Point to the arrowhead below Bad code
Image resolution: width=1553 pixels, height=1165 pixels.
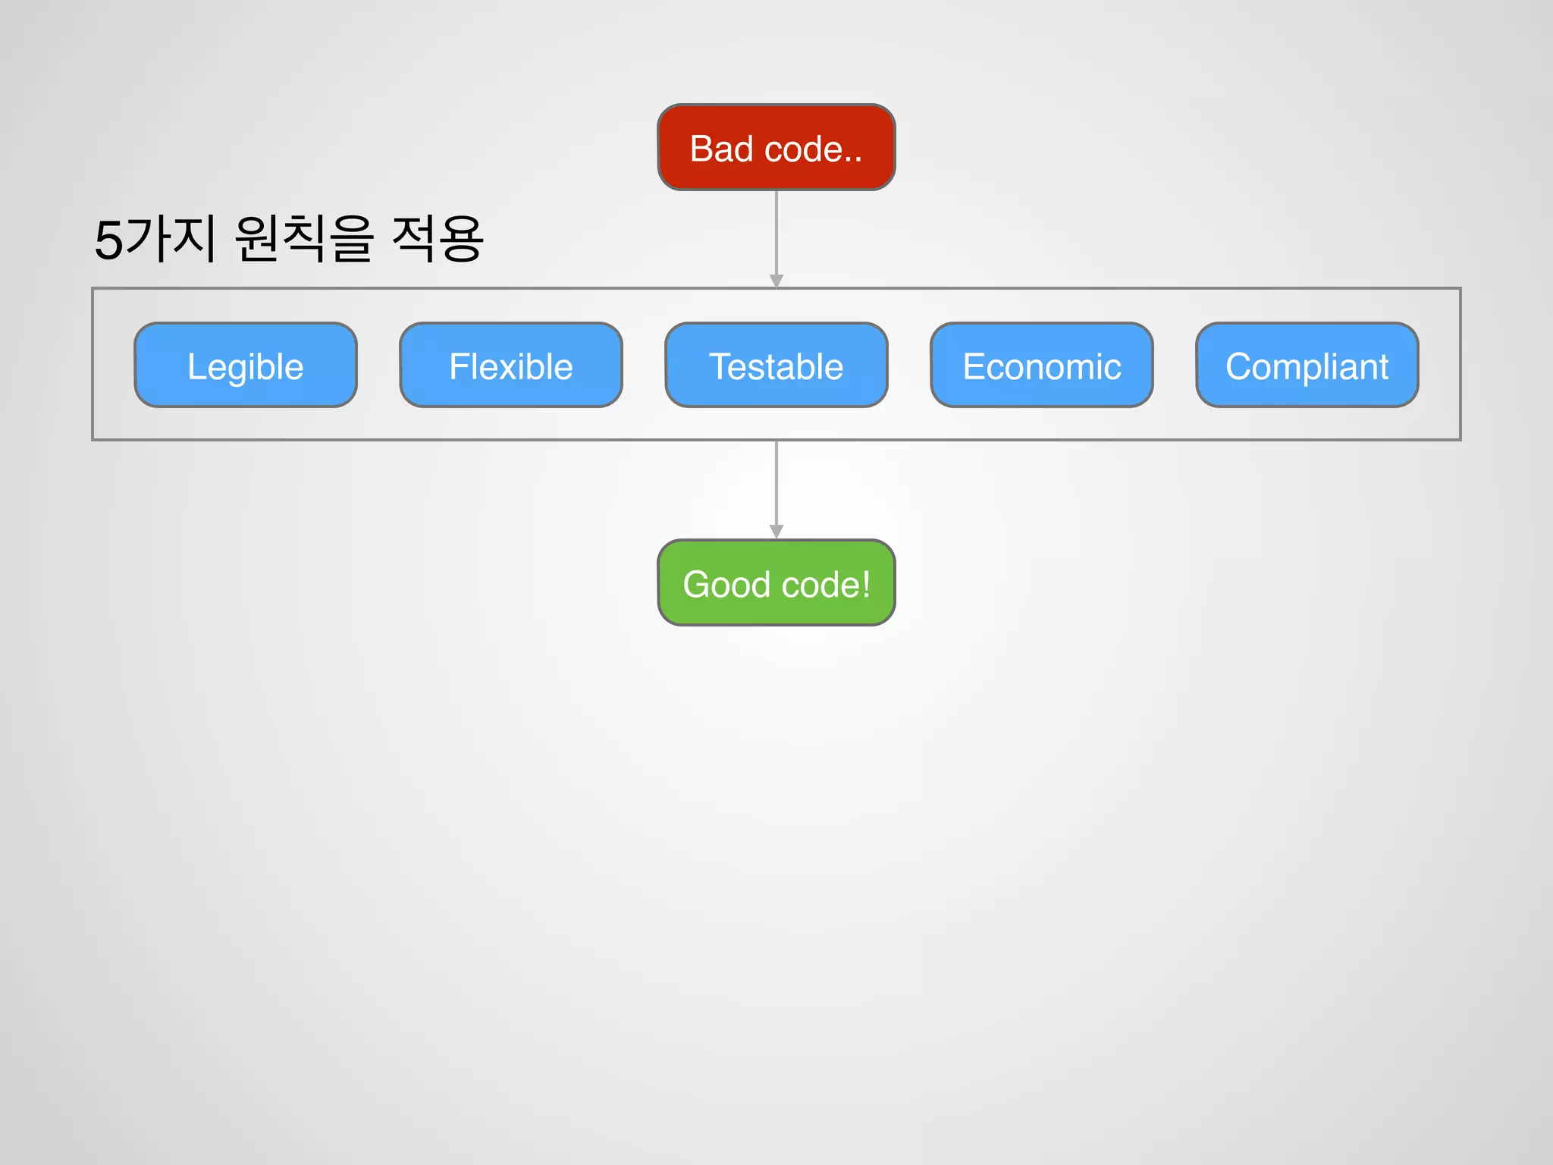pyautogui.click(x=776, y=281)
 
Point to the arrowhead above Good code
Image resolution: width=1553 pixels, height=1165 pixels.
pyautogui.click(x=776, y=532)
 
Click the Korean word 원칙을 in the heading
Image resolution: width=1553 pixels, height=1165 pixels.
pyautogui.click(x=304, y=238)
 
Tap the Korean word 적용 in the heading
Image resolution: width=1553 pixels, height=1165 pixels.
pyautogui.click(x=438, y=238)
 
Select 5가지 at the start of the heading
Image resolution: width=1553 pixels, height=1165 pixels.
pyautogui.click(x=155, y=239)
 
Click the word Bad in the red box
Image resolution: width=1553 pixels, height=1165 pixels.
pyautogui.click(x=721, y=149)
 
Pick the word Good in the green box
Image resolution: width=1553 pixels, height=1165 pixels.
pyautogui.click(x=726, y=585)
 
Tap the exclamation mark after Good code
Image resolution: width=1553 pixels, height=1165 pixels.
pyautogui.click(x=866, y=585)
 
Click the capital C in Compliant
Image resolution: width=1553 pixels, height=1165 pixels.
pyautogui.click(x=1239, y=367)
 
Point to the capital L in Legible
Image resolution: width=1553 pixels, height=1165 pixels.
pyautogui.click(x=195, y=367)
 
